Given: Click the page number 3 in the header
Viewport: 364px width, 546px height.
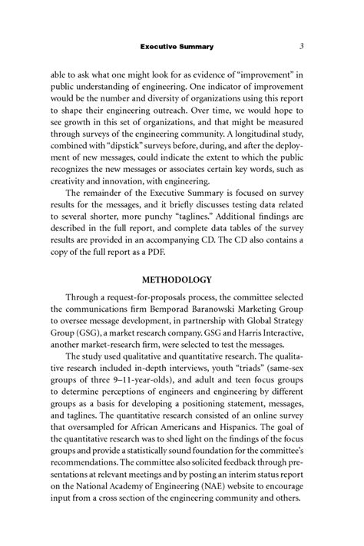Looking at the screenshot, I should click(303, 47).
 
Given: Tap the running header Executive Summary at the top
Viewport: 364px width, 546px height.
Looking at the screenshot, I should click(177, 48).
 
